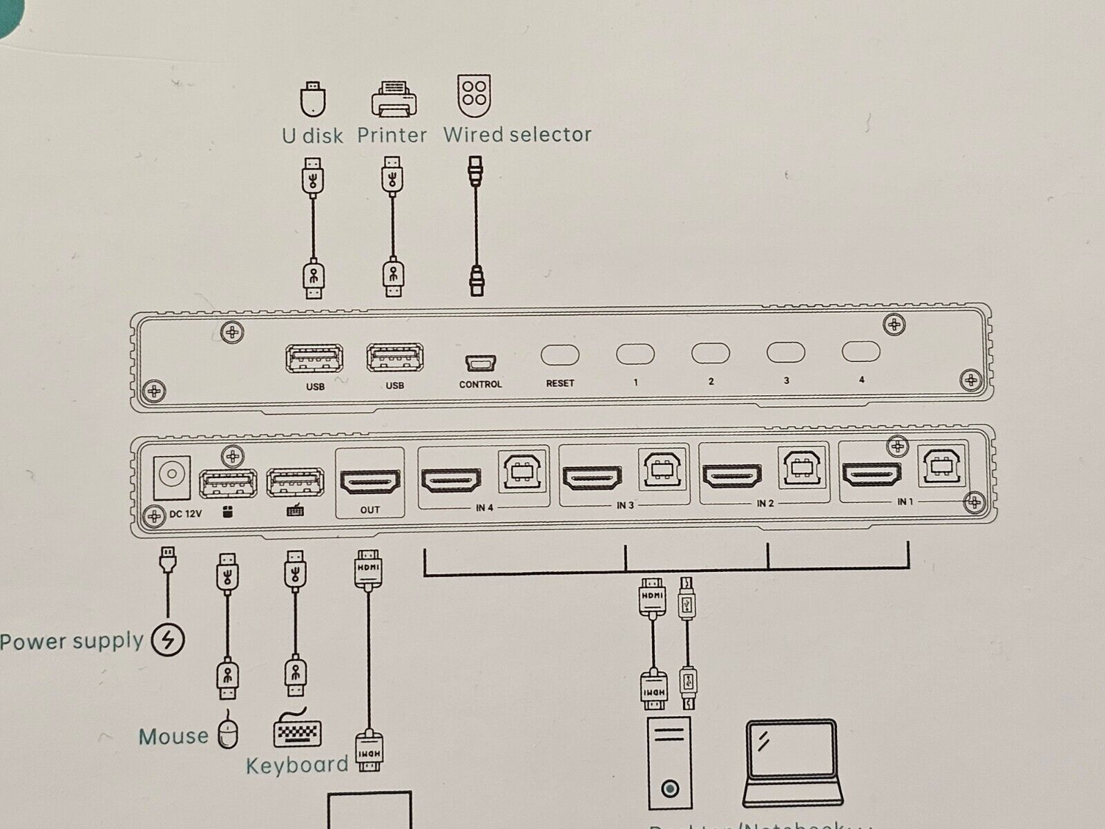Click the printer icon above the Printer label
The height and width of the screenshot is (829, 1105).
point(394,99)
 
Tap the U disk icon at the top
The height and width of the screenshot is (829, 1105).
point(313,99)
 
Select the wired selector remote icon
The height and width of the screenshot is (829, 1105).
point(474,95)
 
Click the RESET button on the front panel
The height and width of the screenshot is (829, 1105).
point(559,355)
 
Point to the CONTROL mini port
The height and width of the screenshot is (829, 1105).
point(481,363)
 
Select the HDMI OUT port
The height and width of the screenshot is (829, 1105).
point(370,482)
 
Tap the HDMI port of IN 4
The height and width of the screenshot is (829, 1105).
point(452,479)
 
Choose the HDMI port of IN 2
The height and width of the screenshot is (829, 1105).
point(732,475)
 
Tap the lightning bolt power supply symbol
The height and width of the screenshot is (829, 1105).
point(168,640)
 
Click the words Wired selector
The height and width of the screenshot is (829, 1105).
point(517,135)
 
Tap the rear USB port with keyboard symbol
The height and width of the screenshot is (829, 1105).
point(296,482)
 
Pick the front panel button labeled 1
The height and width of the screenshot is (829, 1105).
point(635,354)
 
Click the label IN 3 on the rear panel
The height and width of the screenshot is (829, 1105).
point(625,506)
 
